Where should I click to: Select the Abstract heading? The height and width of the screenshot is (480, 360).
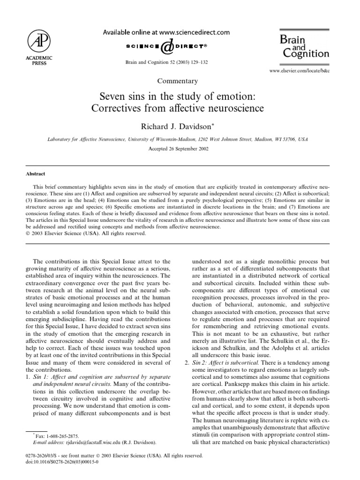pos(36,173)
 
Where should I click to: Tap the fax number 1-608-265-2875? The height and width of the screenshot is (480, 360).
pos(58,435)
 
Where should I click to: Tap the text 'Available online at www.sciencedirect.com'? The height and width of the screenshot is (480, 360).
pos(166,32)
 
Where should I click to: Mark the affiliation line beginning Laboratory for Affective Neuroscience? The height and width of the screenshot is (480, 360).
pos(180,140)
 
